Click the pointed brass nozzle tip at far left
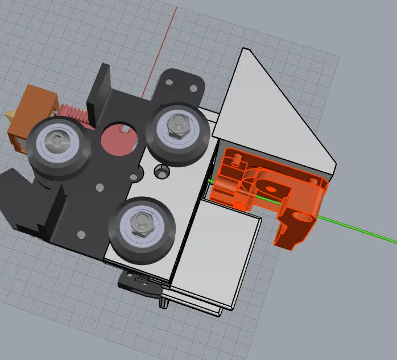[10, 115]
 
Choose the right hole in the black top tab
[193, 88]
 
